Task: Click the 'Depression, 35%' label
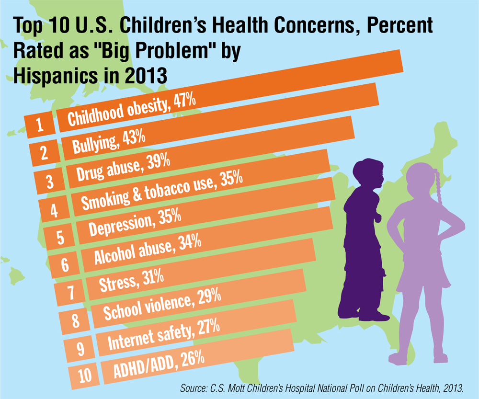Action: pos(135,221)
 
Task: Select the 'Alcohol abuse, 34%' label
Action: pos(147,249)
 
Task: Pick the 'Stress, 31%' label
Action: pos(131,279)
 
